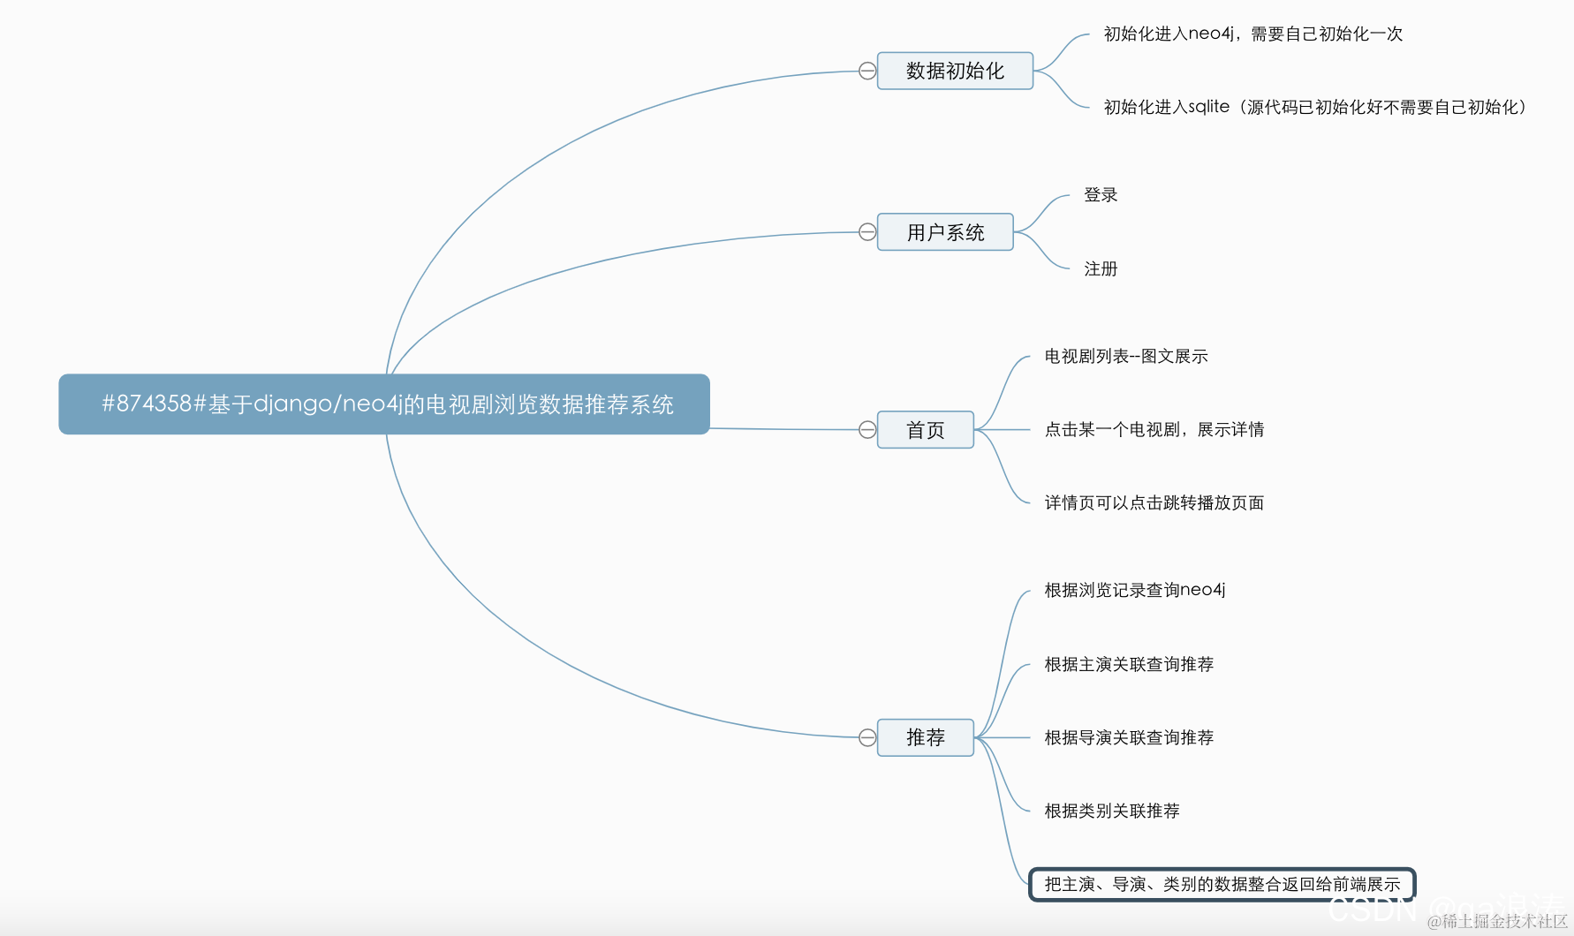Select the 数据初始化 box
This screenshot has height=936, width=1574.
[x=955, y=71]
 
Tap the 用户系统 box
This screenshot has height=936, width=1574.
[x=945, y=232]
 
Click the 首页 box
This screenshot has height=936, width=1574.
[x=925, y=430]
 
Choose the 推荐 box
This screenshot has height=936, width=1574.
[x=925, y=737]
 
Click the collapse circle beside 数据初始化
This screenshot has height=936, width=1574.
[x=867, y=71]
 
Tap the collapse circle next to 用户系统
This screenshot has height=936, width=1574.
[x=867, y=232]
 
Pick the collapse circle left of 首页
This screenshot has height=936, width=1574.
[x=867, y=430]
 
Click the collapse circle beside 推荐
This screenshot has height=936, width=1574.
[x=867, y=737]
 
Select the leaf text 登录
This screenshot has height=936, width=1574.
[x=1101, y=195]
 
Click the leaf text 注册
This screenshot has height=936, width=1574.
[x=1101, y=269]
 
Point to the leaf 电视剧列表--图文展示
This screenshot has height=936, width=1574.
[x=1126, y=357]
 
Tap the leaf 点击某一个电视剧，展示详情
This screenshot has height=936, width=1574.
[x=1154, y=430]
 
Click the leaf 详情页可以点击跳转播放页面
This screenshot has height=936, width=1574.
[x=1154, y=503]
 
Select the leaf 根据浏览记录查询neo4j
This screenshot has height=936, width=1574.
[x=1135, y=590]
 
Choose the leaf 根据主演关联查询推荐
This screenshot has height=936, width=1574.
[x=1129, y=664]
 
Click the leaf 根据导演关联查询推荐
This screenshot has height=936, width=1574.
[x=1129, y=737]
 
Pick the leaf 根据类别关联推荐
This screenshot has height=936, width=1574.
[x=1112, y=811]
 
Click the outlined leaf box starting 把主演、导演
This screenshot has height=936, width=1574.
[x=1222, y=884]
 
